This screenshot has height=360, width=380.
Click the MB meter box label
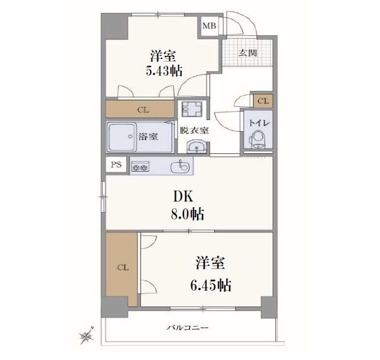pyautogui.click(x=209, y=26)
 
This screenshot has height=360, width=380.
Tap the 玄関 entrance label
pyautogui.click(x=248, y=53)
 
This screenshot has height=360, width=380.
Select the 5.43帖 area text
pyautogui.click(x=164, y=71)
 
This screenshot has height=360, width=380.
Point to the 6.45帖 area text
pyautogui.click(x=210, y=285)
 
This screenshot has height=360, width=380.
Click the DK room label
pyautogui.click(x=183, y=197)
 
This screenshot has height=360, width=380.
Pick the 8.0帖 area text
pyautogui.click(x=188, y=214)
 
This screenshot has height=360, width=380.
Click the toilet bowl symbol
pyautogui.click(x=257, y=140)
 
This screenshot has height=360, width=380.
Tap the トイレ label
pyautogui.click(x=259, y=124)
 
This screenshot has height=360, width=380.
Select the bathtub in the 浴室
pyautogui.click(x=122, y=137)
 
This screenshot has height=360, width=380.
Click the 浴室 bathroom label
pyautogui.click(x=148, y=137)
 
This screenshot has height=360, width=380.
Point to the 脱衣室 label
pyautogui.click(x=194, y=131)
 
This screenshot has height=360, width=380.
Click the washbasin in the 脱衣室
pyautogui.click(x=197, y=146)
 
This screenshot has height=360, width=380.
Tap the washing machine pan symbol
pyautogui.click(x=192, y=109)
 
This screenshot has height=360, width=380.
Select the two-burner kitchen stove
pyautogui.click(x=140, y=166)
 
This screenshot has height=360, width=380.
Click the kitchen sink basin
pyautogui.click(x=180, y=167)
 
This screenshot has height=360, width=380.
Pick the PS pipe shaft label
pyautogui.click(x=116, y=165)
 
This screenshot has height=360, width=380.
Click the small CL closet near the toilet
pyautogui.click(x=263, y=101)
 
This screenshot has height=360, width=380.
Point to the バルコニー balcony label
pyautogui.click(x=188, y=328)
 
